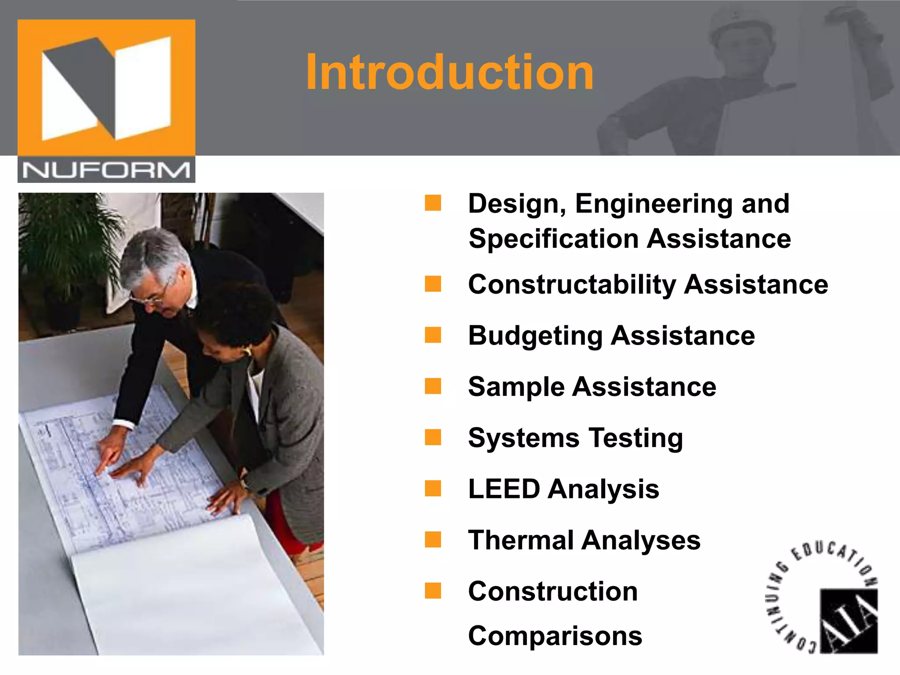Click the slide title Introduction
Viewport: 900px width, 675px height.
449,72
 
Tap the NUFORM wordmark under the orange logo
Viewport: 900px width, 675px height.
106,170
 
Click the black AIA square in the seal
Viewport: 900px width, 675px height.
849,621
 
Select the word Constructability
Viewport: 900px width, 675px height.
572,285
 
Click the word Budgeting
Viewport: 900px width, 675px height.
535,336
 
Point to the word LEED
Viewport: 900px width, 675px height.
504,489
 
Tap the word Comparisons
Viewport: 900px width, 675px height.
555,636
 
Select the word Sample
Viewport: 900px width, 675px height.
516,387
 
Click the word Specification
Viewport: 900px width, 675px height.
553,239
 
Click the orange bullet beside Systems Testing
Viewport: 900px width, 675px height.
433,437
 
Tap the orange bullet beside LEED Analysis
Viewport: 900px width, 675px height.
433,488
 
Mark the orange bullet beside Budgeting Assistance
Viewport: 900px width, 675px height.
433,335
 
